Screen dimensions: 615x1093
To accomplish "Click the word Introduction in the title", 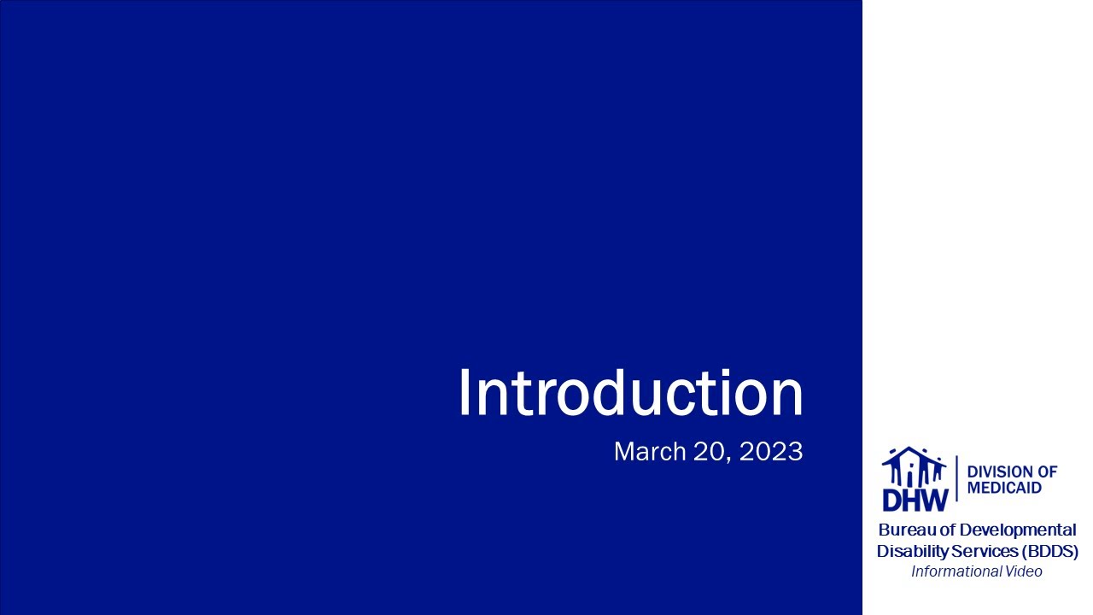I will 630,394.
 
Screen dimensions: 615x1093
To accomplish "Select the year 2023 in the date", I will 771,452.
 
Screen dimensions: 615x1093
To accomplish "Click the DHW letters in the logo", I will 915,499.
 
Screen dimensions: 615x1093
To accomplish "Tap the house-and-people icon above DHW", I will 915,466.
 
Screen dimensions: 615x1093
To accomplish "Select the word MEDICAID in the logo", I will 1004,488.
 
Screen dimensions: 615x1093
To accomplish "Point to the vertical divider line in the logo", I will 956,478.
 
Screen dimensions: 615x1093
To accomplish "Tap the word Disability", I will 912,551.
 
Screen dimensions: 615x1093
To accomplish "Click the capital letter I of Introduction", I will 464,394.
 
